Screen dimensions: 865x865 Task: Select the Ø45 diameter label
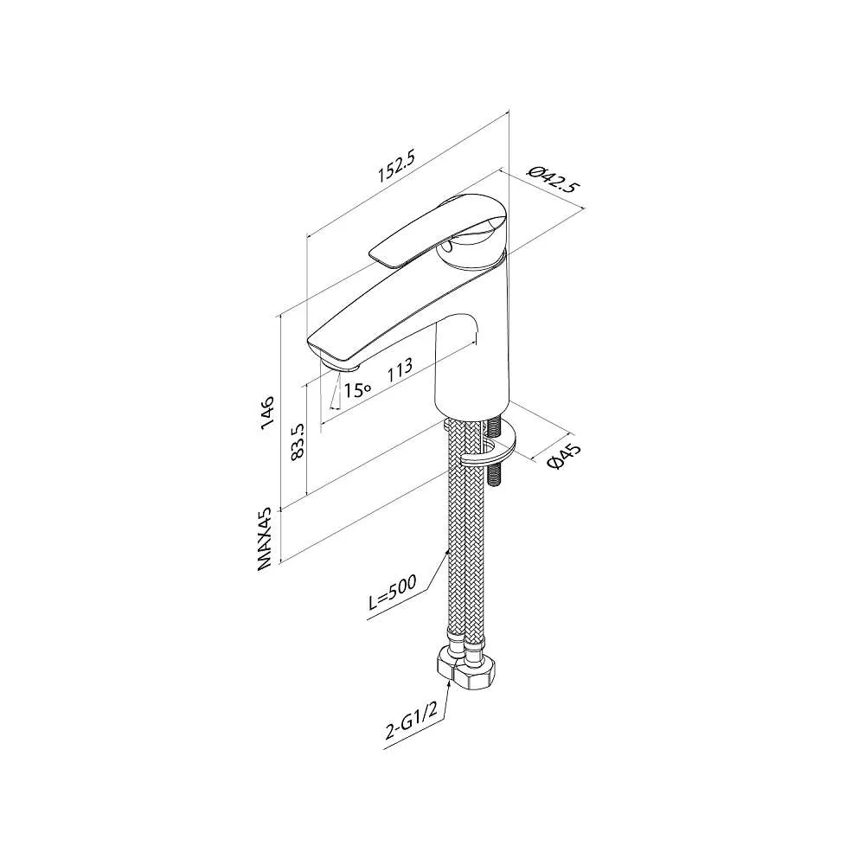564,456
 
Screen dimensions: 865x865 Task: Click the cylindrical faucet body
471,372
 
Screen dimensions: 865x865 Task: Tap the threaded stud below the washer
495,472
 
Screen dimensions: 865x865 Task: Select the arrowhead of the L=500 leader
447,552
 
